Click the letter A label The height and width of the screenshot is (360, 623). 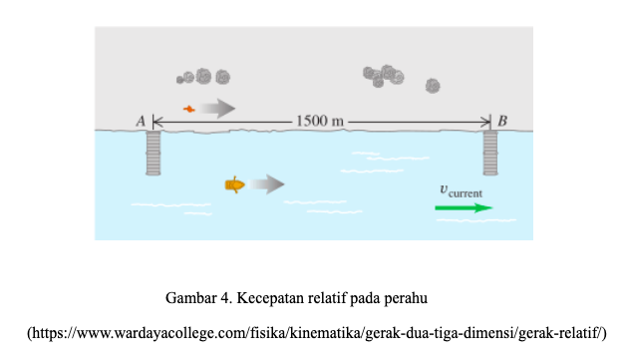141,121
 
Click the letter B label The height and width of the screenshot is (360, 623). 502,121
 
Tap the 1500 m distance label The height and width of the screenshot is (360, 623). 320,121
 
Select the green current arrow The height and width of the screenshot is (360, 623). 464,207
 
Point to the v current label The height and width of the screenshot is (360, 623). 461,191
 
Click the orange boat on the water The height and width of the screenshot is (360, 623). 235,184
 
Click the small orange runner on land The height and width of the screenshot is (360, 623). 189,109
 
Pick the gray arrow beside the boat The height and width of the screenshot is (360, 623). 266,183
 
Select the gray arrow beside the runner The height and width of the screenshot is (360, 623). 217,108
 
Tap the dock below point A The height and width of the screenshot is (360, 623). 154,153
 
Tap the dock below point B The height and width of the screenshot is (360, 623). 490,153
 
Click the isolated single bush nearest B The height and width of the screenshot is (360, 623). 433,86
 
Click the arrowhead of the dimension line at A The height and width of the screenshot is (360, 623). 155,122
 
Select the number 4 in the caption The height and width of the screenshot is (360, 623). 225,298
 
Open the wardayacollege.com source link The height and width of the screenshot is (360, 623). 317,333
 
